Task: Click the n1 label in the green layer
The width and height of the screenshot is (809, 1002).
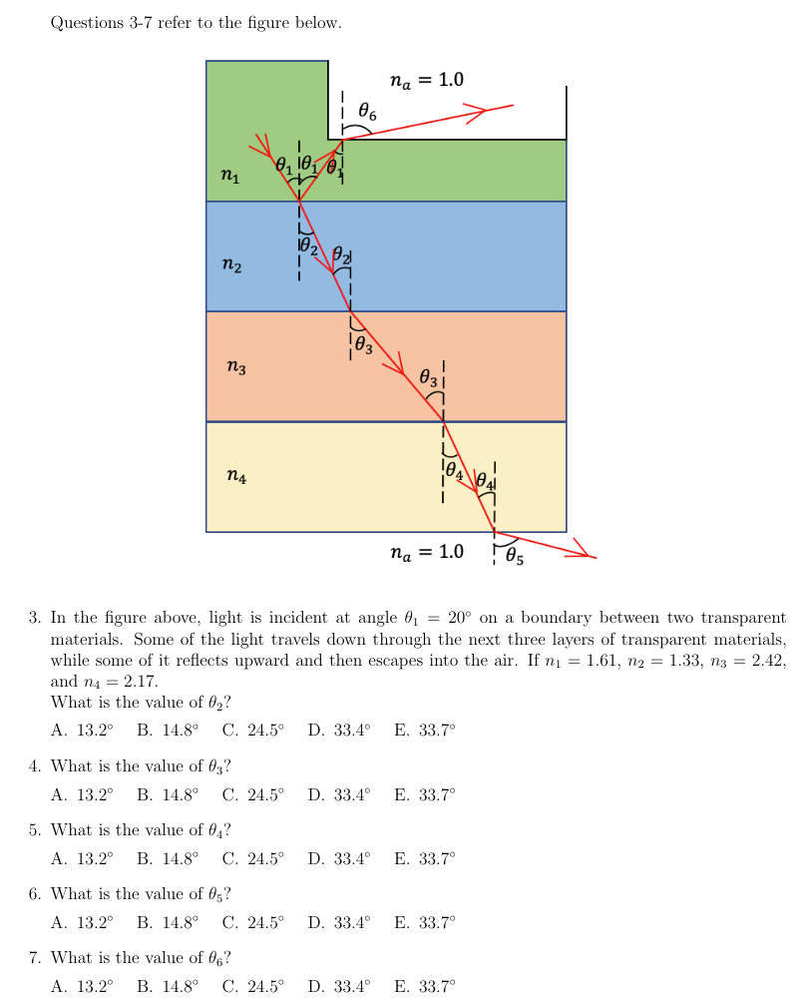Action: [x=230, y=177]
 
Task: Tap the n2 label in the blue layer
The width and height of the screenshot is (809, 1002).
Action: [x=230, y=265]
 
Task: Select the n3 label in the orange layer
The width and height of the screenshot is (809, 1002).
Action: [x=235, y=368]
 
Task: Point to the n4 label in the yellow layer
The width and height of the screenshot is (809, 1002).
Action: [x=235, y=477]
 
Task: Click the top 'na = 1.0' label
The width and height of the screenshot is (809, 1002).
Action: [x=426, y=80]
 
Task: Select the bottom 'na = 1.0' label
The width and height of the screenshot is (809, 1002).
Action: [x=426, y=551]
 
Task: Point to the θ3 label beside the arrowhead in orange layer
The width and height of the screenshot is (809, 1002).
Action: [x=428, y=378]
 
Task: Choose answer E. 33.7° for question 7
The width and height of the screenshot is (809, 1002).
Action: [x=424, y=987]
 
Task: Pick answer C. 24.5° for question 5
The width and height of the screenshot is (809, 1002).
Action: [x=252, y=858]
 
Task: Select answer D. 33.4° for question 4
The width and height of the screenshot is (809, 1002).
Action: [x=338, y=794]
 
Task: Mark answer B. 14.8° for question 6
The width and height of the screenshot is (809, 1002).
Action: [x=167, y=922]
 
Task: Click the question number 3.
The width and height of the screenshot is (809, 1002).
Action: [x=35, y=619]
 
